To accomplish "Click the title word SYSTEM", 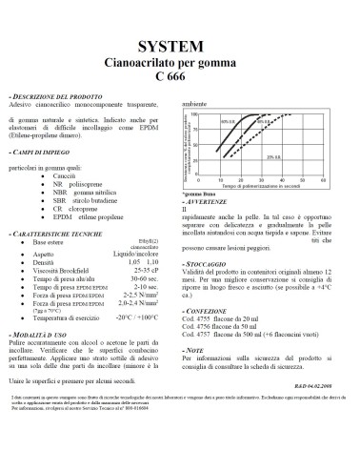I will [x=179, y=44].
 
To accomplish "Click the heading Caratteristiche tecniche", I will [x=51, y=234].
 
